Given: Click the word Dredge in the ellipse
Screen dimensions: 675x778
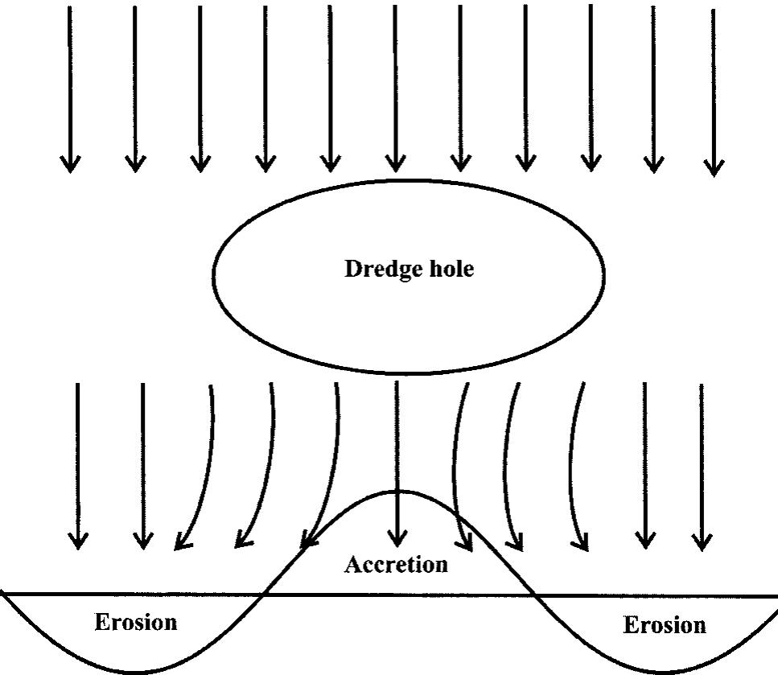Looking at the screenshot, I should click(376, 270).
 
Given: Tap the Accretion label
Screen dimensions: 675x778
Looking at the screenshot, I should click(396, 565).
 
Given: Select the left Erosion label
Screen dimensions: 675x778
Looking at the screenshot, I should click(136, 622).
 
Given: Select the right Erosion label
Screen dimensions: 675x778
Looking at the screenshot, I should click(665, 624).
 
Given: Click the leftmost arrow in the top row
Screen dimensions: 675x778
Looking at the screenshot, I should click(71, 88).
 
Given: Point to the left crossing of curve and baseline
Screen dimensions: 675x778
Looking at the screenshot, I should click(262, 595).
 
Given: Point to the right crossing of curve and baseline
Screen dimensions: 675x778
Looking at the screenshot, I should click(534, 595).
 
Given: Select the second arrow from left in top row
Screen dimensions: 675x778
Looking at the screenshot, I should click(135, 88).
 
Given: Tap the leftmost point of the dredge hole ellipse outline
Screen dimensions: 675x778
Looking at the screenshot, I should click(212, 274).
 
